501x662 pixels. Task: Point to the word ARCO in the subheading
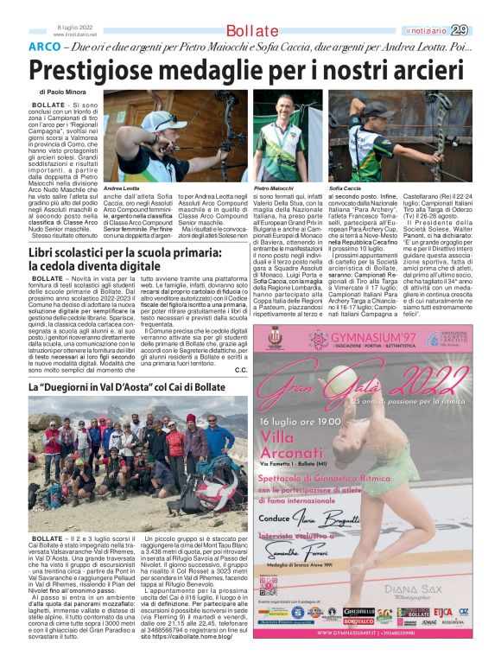(x=44, y=48)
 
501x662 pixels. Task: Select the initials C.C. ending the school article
(x=241, y=370)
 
